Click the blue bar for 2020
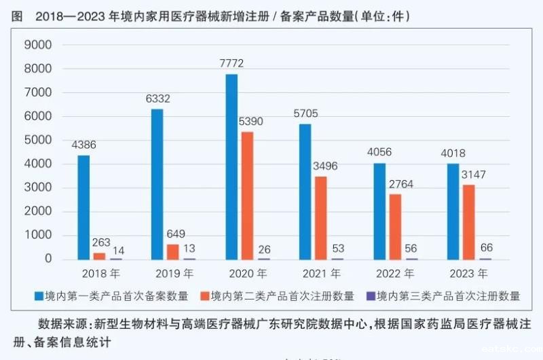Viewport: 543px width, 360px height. pos(231,166)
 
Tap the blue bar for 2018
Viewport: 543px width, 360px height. pos(83,207)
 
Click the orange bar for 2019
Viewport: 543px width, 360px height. pos(173,251)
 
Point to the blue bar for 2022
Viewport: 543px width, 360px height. pos(379,211)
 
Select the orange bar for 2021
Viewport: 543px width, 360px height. pos(321,218)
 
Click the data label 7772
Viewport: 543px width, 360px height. pos(231,64)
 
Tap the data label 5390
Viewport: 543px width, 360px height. pos(250,122)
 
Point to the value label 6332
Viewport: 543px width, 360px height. pos(157,99)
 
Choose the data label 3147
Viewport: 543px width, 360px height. pos(474,175)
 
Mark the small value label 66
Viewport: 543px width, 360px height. pos(486,249)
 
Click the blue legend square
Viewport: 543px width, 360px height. pos(39,296)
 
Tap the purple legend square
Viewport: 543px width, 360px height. pos(371,296)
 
